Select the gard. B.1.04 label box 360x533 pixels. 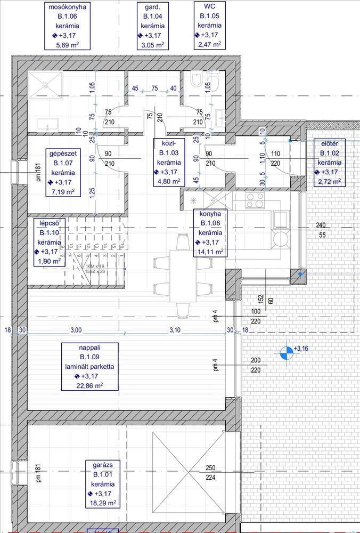(x=153, y=26)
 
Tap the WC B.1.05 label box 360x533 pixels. (x=209, y=26)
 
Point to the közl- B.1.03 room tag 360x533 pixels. (x=169, y=161)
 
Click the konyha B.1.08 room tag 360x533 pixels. (x=209, y=233)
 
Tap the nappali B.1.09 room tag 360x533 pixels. (x=90, y=366)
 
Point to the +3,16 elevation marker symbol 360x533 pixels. (x=287, y=352)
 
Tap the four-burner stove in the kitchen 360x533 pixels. (x=255, y=200)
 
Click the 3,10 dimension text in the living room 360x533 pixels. (x=175, y=330)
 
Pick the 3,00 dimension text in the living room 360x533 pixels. (x=76, y=330)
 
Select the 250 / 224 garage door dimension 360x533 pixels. (x=210, y=473)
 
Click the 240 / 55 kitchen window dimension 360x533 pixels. (x=320, y=230)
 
